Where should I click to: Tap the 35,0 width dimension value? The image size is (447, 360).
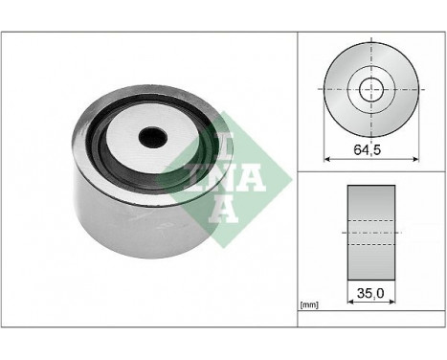tap(369, 287)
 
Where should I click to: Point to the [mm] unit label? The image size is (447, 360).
tap(308, 305)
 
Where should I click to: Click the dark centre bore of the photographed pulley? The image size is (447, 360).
tap(152, 137)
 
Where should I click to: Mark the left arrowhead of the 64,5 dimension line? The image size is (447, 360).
tap(328, 158)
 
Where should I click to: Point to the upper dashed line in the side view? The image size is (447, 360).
tap(370, 221)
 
